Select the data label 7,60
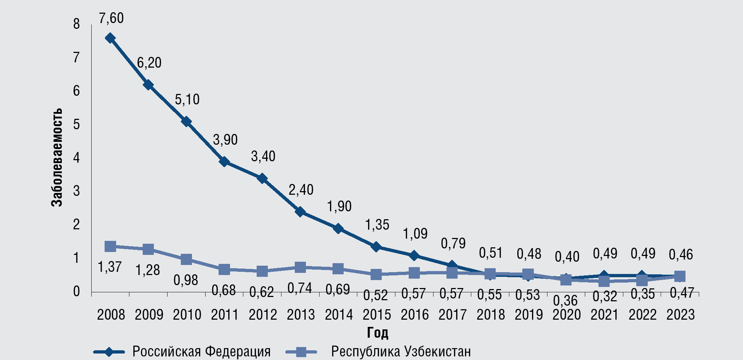(111, 18)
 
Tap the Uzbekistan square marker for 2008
(110, 246)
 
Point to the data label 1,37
(110, 267)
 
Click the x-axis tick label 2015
(377, 315)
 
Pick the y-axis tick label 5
(76, 125)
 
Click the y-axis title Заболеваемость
(56, 157)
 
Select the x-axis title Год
(377, 333)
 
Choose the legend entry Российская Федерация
(201, 351)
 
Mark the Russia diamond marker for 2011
(224, 162)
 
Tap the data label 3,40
(263, 157)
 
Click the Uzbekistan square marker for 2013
(301, 267)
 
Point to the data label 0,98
(186, 280)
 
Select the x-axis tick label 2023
(680, 315)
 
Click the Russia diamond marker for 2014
(338, 228)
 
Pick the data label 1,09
(415, 234)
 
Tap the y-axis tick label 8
(76, 24)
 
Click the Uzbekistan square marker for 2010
(186, 259)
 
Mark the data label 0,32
(605, 296)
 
